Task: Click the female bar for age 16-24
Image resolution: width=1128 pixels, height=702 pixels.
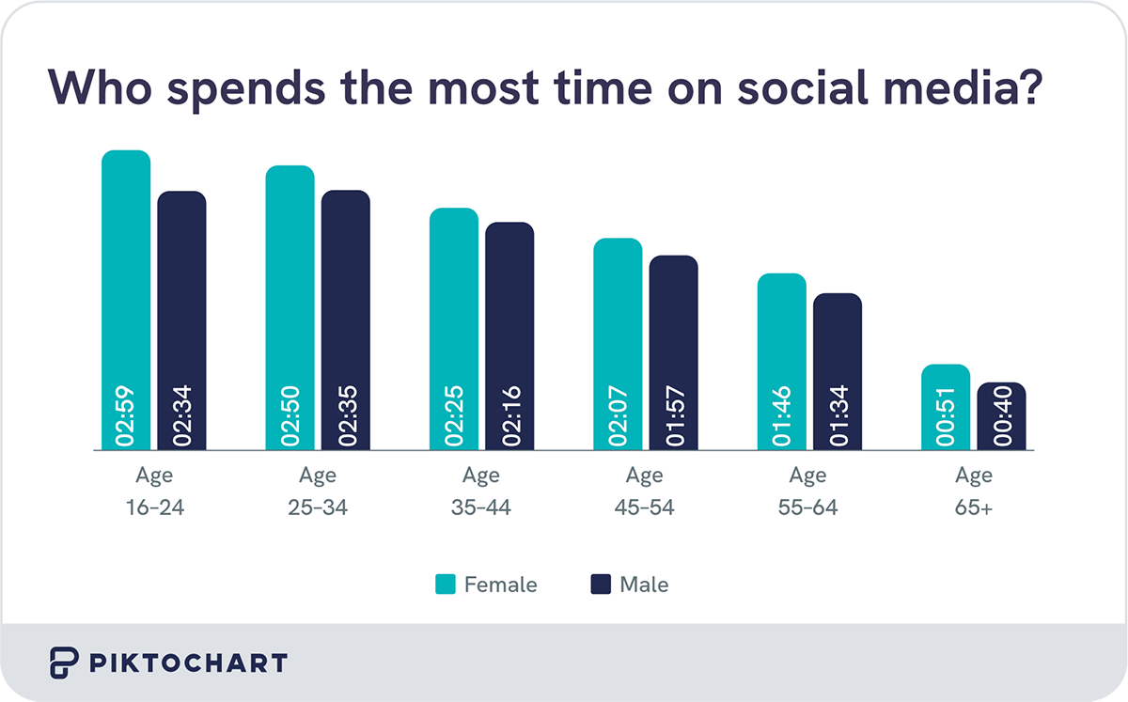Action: (126, 282)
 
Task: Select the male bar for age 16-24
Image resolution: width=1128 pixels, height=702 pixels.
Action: (181, 301)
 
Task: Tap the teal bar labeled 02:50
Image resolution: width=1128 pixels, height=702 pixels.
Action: (290, 291)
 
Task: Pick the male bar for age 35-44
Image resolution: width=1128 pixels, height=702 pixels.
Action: (509, 320)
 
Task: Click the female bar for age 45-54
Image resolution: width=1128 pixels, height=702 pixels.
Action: (618, 329)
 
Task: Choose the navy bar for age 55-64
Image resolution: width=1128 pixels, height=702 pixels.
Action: (838, 357)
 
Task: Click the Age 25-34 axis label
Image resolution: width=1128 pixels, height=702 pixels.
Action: (318, 491)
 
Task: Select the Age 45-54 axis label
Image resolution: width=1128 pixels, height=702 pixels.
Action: (646, 491)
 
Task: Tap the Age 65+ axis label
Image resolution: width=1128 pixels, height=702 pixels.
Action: (974, 491)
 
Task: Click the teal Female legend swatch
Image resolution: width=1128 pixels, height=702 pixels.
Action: (445, 585)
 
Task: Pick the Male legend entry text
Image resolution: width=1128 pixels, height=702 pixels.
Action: (644, 585)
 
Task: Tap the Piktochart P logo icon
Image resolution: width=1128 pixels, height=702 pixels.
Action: (63, 663)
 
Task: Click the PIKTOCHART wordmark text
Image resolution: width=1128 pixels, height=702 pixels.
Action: (188, 663)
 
